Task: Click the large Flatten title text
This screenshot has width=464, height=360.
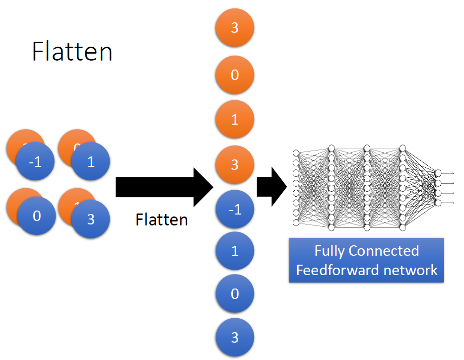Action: [x=72, y=51]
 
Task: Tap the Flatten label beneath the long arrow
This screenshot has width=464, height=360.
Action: [x=162, y=219]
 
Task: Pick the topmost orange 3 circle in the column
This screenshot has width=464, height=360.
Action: [x=235, y=28]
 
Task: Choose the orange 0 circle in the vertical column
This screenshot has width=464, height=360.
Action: [x=235, y=75]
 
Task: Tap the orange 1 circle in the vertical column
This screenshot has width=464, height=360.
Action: [x=235, y=119]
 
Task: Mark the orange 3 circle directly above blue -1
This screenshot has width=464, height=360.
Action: [x=235, y=164]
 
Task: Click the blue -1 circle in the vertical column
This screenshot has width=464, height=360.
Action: [x=235, y=210]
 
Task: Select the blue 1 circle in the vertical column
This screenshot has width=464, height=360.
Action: [x=235, y=251]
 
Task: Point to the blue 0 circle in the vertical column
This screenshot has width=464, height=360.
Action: [x=235, y=294]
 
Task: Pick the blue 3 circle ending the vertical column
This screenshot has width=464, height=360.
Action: [x=235, y=338]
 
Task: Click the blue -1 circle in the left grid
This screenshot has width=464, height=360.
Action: [x=36, y=162]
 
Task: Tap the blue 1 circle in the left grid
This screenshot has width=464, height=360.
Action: [x=90, y=162]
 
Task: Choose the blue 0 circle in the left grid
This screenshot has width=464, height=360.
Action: [x=37, y=216]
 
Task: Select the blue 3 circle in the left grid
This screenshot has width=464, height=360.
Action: [x=90, y=219]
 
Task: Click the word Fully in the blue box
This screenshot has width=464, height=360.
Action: [x=330, y=251]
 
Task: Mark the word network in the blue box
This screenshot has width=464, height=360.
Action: [x=410, y=270]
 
